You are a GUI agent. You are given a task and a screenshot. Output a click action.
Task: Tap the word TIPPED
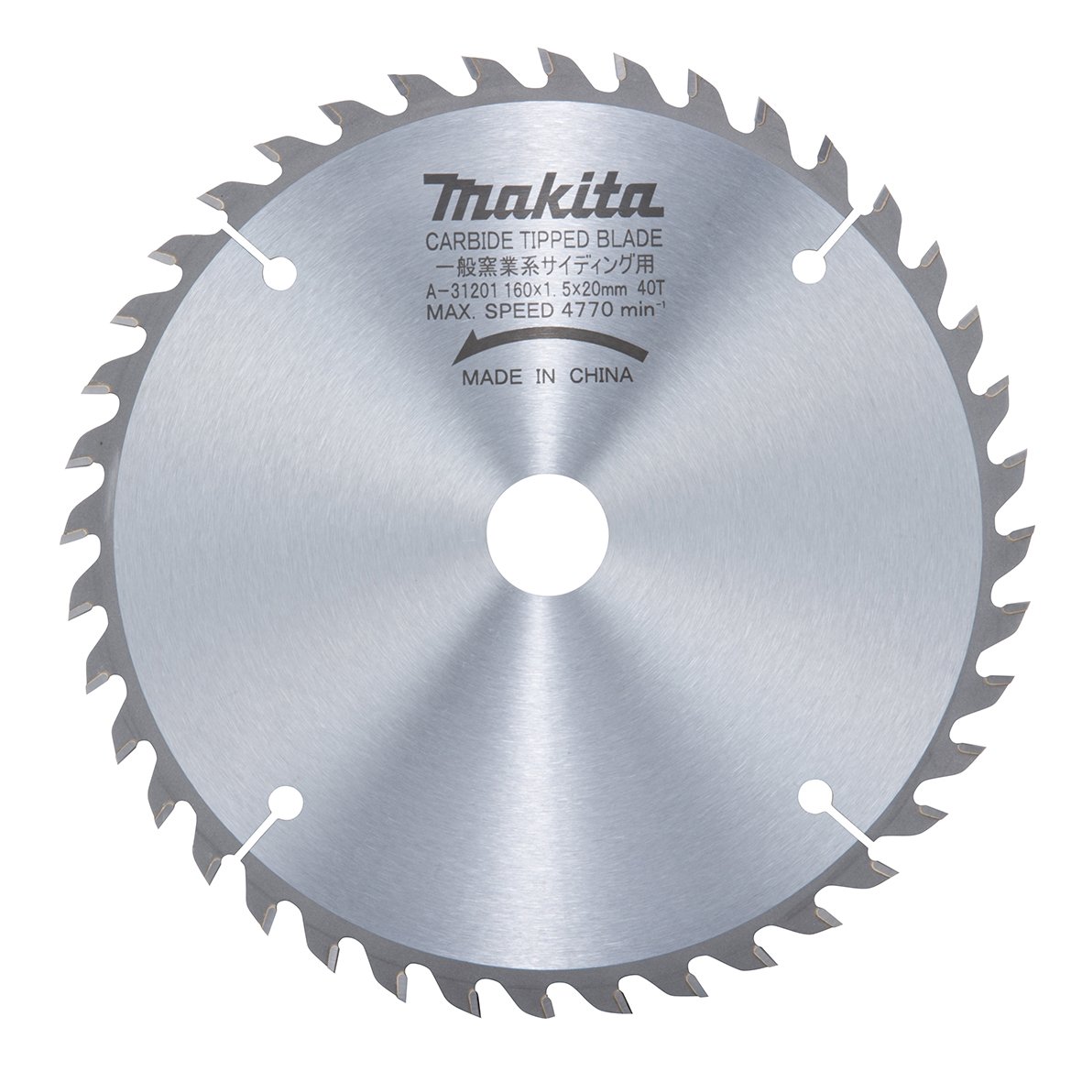click(545, 243)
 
